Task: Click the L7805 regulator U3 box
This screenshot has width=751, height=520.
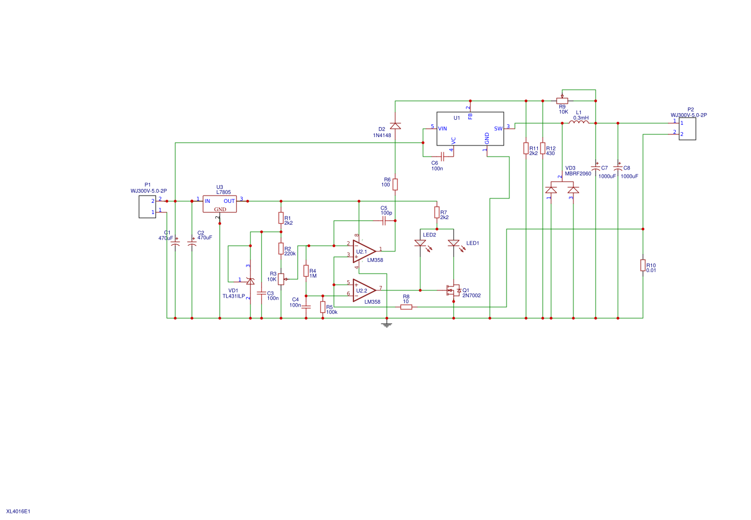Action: pyautogui.click(x=219, y=203)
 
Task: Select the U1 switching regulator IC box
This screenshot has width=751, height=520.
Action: pyautogui.click(x=470, y=129)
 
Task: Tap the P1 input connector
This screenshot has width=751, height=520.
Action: pyautogui.click(x=147, y=206)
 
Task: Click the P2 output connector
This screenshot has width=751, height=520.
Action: pyautogui.click(x=687, y=128)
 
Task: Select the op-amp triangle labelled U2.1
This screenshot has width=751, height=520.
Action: pyautogui.click(x=364, y=251)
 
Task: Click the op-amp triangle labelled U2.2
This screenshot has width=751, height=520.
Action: pyautogui.click(x=364, y=290)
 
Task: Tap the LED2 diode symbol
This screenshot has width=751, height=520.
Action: pyautogui.click(x=420, y=243)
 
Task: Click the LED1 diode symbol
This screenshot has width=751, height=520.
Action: pyautogui.click(x=454, y=243)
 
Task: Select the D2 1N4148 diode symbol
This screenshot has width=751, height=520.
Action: pyautogui.click(x=395, y=125)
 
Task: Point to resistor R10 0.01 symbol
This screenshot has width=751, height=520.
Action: pyautogui.click(x=642, y=265)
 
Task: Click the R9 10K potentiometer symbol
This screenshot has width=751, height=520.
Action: pyautogui.click(x=562, y=100)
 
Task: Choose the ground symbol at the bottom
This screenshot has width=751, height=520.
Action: pyautogui.click(x=386, y=324)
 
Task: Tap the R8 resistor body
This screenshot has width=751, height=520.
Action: pyautogui.click(x=406, y=307)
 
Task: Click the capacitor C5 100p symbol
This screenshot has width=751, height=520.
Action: pyautogui.click(x=384, y=221)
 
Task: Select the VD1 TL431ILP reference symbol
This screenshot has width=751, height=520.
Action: pyautogui.click(x=250, y=281)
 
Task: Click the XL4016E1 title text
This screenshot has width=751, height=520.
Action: pyautogui.click(x=18, y=511)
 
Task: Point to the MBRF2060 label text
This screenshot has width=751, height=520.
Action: pyautogui.click(x=578, y=173)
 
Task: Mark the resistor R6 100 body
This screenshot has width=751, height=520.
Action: pyautogui.click(x=395, y=184)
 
